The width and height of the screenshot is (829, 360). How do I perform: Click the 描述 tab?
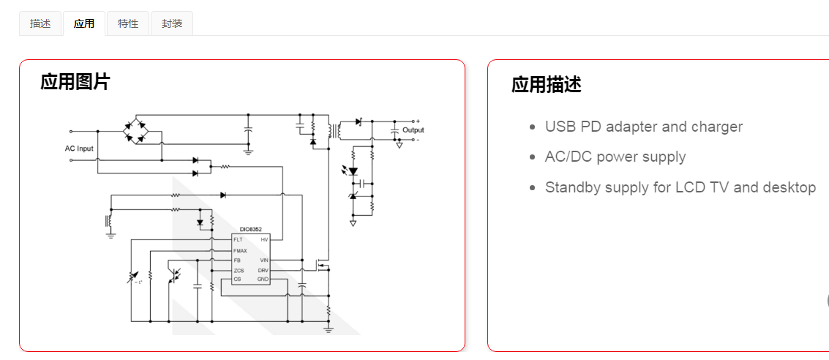(40, 23)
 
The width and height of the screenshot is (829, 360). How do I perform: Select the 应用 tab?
(84, 23)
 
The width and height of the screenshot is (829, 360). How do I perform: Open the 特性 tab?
(128, 23)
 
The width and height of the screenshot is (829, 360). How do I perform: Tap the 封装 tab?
(172, 23)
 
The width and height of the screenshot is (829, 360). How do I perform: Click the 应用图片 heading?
(75, 82)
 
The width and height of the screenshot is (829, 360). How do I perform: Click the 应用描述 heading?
(546, 85)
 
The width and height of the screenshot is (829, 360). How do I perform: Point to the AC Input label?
(79, 149)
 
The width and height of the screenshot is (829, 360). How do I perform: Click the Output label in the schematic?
(413, 130)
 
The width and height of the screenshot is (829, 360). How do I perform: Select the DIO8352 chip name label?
(250, 229)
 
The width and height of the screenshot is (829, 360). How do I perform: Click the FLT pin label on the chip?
(238, 240)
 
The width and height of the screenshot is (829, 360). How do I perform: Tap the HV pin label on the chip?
(264, 240)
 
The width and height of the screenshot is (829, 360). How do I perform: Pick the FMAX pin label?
(240, 250)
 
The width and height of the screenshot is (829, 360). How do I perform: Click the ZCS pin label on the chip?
(239, 270)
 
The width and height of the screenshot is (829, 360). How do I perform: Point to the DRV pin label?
(263, 270)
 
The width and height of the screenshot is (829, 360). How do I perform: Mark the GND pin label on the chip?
(263, 280)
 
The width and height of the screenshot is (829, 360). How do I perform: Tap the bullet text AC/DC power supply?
(615, 157)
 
